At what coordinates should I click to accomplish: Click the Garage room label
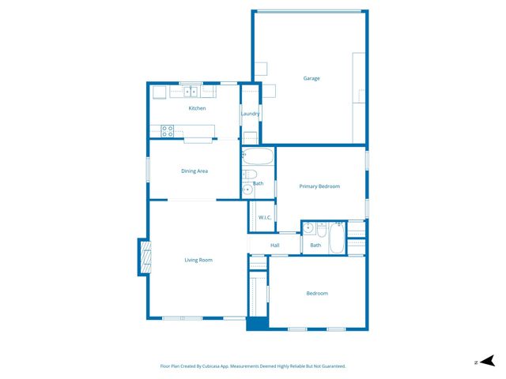pyautogui.click(x=312, y=78)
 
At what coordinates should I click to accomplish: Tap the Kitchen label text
pyautogui.click(x=197, y=108)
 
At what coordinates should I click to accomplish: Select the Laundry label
pyautogui.click(x=251, y=114)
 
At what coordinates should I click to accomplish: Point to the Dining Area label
pyautogui.click(x=194, y=171)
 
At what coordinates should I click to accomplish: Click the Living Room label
pyautogui.click(x=198, y=260)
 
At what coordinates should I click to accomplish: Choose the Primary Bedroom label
pyautogui.click(x=319, y=186)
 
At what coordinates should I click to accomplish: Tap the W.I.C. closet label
pyautogui.click(x=265, y=218)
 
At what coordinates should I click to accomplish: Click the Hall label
pyautogui.click(x=275, y=246)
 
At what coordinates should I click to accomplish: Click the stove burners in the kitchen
pyautogui.click(x=168, y=130)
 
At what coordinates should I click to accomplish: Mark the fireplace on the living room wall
pyautogui.click(x=145, y=257)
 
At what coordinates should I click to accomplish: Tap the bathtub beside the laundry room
pyautogui.click(x=258, y=156)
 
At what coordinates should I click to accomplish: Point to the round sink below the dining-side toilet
pyautogui.click(x=247, y=189)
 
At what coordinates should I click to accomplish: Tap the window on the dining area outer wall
pyautogui.click(x=148, y=170)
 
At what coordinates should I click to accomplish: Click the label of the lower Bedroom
pyautogui.click(x=317, y=294)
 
